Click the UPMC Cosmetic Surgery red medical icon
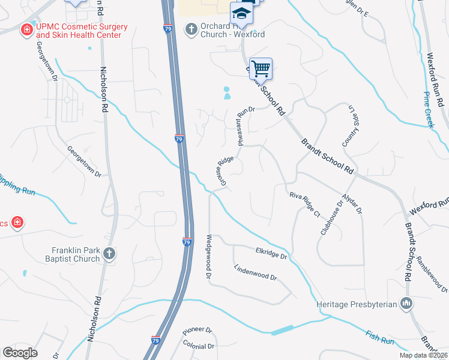[x=26, y=29]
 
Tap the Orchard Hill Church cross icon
[x=191, y=29]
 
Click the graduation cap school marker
[x=242, y=13]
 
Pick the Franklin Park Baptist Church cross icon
[x=109, y=254]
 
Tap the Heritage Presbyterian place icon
[x=407, y=304]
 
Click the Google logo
[x=20, y=353]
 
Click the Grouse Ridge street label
[x=223, y=171]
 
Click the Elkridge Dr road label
[x=272, y=254]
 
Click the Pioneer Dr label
[x=197, y=331]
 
